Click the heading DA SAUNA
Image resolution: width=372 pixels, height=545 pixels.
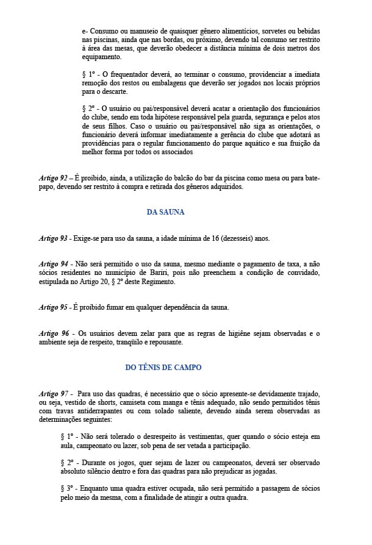pyautogui.click(x=165, y=213)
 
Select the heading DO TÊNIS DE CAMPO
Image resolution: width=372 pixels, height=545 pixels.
pyautogui.click(x=163, y=368)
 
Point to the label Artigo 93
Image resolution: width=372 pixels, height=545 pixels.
pyautogui.click(x=53, y=238)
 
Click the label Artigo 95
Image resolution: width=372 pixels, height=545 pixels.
pyautogui.click(x=53, y=307)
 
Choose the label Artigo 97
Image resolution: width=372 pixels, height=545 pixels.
pyautogui.click(x=53, y=394)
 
